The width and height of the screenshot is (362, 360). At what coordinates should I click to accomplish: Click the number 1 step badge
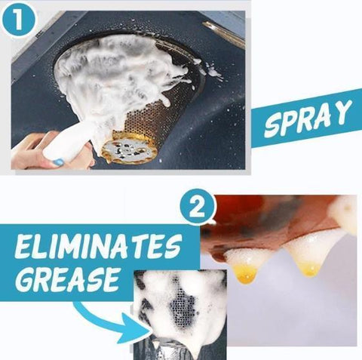18,20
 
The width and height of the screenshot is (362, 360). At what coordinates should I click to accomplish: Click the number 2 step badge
198,208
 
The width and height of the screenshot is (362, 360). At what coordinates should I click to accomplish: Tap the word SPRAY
307,119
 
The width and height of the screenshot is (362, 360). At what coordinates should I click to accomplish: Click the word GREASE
69,279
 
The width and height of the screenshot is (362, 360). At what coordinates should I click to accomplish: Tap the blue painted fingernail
59,162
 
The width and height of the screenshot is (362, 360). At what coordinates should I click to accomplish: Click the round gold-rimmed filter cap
129,148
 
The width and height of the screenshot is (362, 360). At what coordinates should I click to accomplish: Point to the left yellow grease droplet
246,274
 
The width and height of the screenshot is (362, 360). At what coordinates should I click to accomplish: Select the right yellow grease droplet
310,269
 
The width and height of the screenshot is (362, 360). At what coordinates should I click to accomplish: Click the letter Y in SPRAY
342,111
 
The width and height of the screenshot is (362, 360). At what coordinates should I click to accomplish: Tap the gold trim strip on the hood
225,35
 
